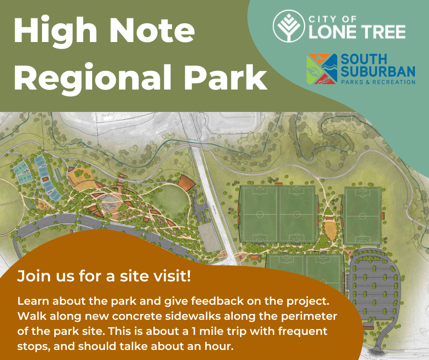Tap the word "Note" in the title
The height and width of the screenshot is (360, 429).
[152, 30]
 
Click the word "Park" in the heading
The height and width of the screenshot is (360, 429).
[225, 76]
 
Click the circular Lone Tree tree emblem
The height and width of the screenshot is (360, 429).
[288, 26]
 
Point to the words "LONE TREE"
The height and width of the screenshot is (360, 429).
[357, 32]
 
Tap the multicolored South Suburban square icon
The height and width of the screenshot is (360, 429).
[322, 69]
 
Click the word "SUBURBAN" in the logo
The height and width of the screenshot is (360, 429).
[378, 71]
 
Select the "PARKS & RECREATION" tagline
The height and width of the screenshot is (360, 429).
[378, 82]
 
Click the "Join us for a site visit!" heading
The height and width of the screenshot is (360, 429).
[104, 276]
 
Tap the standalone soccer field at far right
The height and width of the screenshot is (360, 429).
[363, 216]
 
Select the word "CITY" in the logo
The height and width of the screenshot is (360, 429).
[319, 19]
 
